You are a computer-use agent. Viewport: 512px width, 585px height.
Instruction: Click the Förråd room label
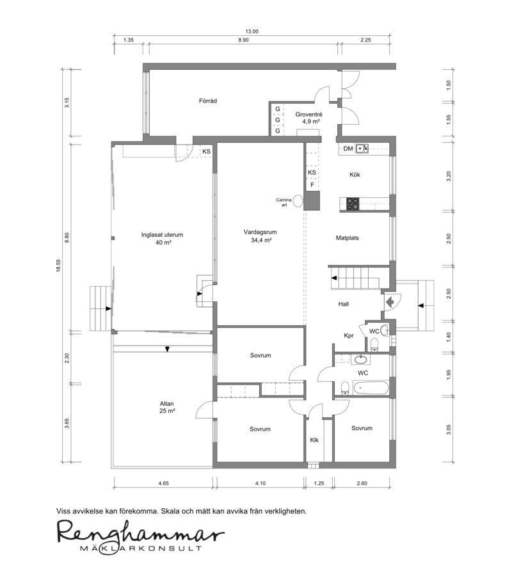pos(208,100)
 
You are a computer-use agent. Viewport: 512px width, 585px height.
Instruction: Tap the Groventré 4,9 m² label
pos(308,118)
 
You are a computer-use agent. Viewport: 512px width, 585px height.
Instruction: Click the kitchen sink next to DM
pos(362,148)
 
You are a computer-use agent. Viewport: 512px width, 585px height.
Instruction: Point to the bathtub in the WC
pos(370,388)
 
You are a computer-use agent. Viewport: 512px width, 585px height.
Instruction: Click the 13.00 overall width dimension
pos(252,31)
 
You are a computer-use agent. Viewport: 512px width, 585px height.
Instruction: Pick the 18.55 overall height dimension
pos(58,266)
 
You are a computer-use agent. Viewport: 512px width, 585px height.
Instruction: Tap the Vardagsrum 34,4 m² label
pos(260,236)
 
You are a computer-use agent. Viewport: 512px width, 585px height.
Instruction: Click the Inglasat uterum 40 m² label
pos(163,239)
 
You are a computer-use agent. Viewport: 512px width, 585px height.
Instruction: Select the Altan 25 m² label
pos(167,407)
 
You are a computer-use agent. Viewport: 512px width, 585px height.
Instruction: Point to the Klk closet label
pos(314,440)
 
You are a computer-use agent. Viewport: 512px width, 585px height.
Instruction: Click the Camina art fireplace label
pos(284,202)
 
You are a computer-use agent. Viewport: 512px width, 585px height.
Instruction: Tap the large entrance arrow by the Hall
pos(389,301)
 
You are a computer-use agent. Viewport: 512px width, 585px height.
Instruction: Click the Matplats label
pos(348,238)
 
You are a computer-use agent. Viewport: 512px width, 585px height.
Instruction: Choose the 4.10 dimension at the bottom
pos(260,483)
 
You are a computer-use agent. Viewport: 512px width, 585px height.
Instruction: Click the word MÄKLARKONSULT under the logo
pos(141,549)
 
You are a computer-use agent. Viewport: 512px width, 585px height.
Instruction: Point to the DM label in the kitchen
pos(348,148)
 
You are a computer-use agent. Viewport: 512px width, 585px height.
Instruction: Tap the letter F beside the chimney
pos(312,185)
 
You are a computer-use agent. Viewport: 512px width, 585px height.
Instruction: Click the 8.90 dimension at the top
pos(243,40)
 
